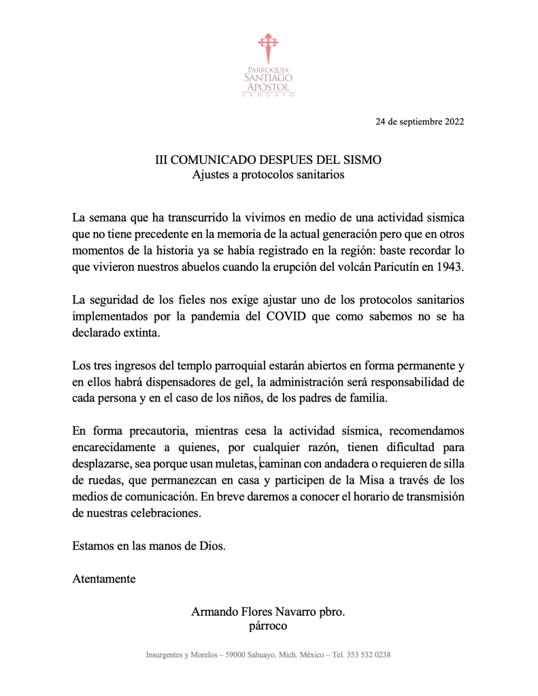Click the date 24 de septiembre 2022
(x=420, y=122)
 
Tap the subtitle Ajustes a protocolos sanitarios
(x=269, y=175)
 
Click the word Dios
(x=211, y=545)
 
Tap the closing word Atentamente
(x=103, y=579)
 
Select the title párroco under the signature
(x=269, y=626)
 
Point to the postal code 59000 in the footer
(x=237, y=655)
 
